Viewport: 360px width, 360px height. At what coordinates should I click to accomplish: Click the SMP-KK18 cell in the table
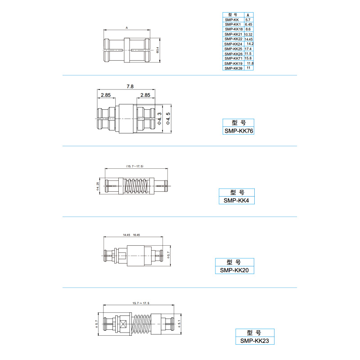point(234,29)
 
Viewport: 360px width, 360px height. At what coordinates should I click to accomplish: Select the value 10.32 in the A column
point(248,34)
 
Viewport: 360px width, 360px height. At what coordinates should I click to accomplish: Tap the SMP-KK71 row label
point(234,58)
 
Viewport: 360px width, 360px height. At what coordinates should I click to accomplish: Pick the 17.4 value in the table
point(248,49)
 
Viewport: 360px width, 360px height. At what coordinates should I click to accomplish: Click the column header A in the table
point(248,14)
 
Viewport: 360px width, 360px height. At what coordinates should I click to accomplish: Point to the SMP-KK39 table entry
point(234,68)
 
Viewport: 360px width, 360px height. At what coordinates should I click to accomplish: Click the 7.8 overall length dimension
point(130,86)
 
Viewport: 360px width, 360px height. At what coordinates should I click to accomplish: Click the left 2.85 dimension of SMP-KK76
point(106,95)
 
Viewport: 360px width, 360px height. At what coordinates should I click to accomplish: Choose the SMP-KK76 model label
point(238,131)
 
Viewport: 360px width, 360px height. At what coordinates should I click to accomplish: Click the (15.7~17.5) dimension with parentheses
point(135,166)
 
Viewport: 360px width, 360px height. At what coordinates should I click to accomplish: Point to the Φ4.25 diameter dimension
point(98,185)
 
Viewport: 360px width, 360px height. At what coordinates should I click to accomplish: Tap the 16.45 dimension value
point(137,235)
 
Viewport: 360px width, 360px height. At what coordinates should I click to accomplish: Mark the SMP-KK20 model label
point(234,270)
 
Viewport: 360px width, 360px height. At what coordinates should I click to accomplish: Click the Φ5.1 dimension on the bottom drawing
point(180,323)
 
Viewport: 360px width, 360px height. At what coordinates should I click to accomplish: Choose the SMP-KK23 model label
point(254,341)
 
